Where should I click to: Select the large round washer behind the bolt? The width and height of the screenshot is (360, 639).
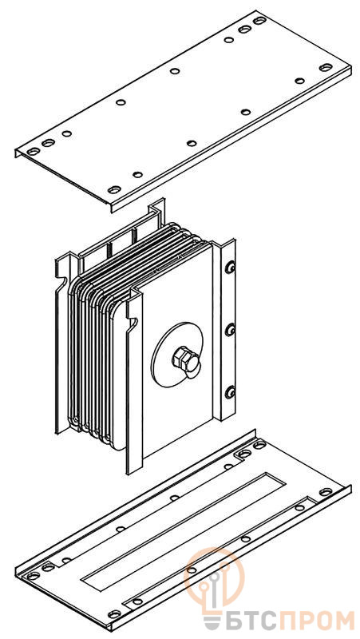click(176, 355)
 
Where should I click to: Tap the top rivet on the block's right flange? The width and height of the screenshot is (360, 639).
click(230, 268)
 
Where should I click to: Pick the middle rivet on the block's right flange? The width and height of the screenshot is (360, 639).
click(230, 329)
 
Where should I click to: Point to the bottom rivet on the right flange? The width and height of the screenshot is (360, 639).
click(230, 392)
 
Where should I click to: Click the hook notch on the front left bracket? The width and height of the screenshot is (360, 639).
click(133, 323)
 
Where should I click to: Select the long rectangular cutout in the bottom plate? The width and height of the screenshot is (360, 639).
click(184, 533)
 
